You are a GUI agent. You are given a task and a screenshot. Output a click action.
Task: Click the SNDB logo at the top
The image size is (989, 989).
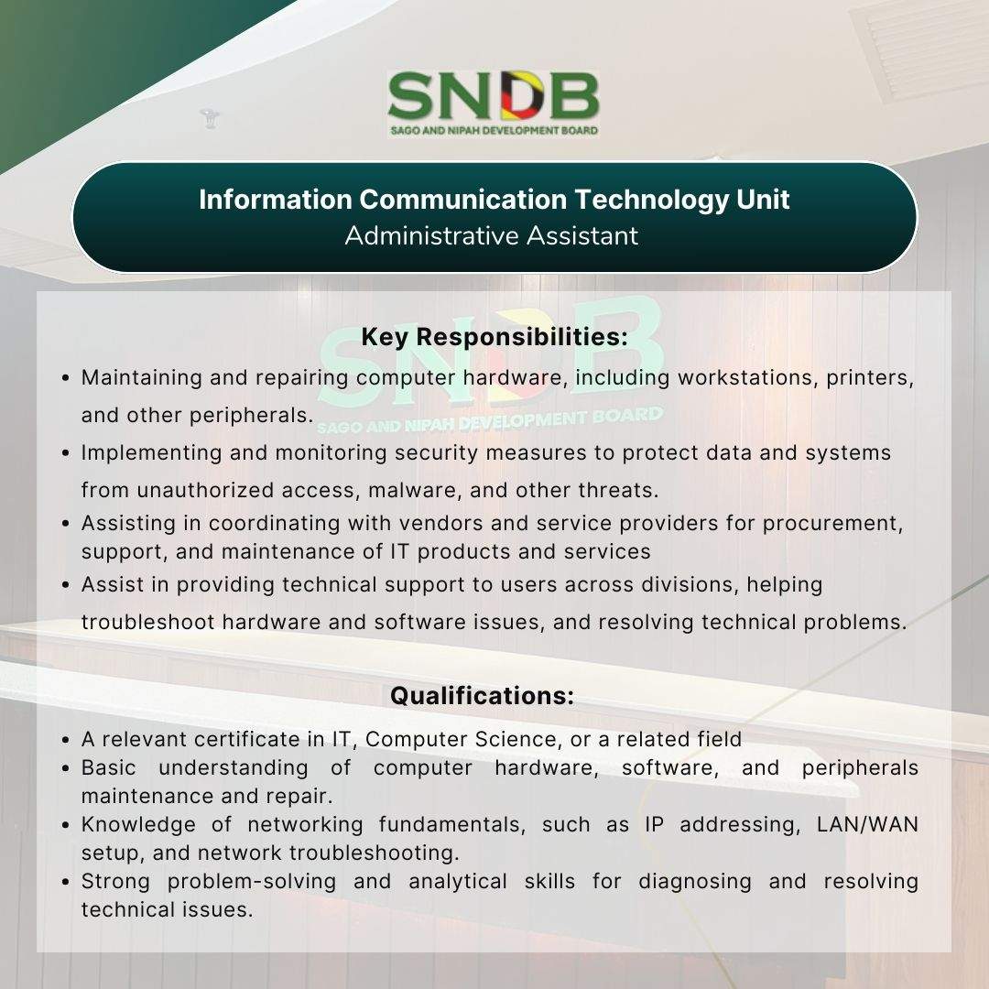pyautogui.click(x=494, y=103)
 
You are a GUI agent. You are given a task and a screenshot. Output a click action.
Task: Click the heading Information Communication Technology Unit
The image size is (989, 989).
pyautogui.click(x=494, y=200)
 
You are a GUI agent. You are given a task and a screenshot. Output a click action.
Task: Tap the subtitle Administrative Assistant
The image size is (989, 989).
pyautogui.click(x=492, y=236)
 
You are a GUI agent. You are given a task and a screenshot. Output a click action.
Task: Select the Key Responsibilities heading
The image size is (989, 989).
pyautogui.click(x=494, y=337)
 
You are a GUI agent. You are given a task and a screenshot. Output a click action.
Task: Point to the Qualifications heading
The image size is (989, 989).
pyautogui.click(x=483, y=696)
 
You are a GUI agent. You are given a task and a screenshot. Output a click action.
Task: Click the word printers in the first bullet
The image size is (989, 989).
pyautogui.click(x=870, y=378)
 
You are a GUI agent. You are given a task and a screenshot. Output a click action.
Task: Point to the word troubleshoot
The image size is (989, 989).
pyautogui.click(x=148, y=623)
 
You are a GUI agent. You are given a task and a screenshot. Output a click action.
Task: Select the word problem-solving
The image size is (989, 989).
pyautogui.click(x=252, y=882)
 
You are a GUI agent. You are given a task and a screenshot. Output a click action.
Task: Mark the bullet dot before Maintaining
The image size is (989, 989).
pyautogui.click(x=66, y=378)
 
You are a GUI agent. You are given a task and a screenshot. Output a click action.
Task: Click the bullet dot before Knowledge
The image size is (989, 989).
pyautogui.click(x=66, y=825)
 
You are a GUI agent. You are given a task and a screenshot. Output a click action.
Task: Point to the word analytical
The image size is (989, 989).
pyautogui.click(x=458, y=882)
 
